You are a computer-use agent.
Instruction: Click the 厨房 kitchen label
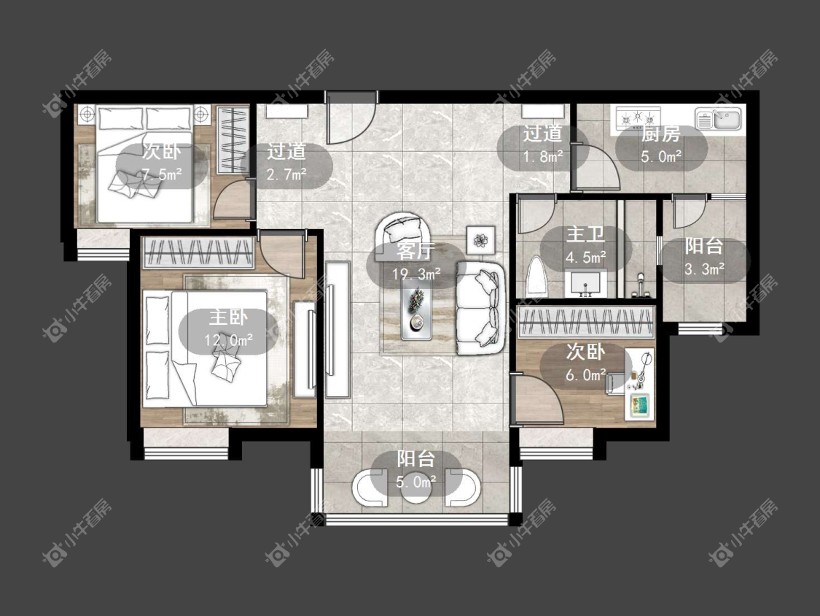click(x=661, y=134)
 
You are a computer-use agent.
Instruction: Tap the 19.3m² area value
click(x=416, y=274)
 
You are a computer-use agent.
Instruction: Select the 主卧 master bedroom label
click(x=229, y=317)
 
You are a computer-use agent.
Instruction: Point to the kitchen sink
click(x=719, y=119)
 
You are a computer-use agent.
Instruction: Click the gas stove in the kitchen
click(x=638, y=118)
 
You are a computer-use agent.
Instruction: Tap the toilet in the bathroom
click(x=536, y=276)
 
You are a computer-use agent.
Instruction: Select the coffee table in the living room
click(x=416, y=306)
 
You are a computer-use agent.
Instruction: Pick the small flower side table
click(x=480, y=240)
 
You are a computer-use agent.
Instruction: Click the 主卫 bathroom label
click(x=585, y=234)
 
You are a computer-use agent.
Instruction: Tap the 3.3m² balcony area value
click(x=704, y=269)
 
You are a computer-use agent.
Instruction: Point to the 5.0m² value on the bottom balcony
click(x=416, y=482)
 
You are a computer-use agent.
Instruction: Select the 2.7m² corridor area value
click(x=286, y=174)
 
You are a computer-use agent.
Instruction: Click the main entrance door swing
click(x=351, y=120)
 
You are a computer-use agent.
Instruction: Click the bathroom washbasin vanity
click(x=586, y=283)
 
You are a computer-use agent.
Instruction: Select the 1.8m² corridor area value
click(x=543, y=156)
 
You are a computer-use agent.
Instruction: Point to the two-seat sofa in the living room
click(x=481, y=308)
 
